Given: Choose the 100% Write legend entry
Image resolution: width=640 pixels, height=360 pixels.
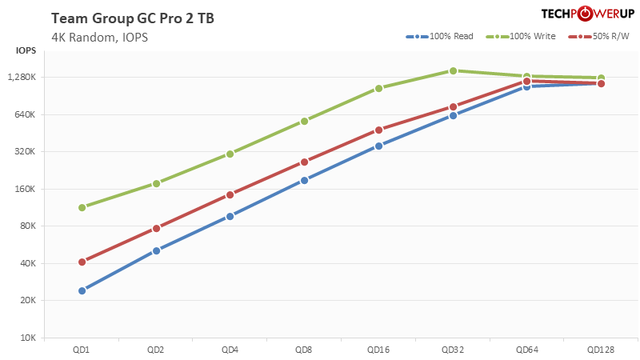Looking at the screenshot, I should [x=527, y=37].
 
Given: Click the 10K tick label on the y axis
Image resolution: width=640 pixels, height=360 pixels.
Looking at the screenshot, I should [x=28, y=338].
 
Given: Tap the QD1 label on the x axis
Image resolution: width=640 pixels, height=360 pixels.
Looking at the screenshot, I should [x=82, y=350].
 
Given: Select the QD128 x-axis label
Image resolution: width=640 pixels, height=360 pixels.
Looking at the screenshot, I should [x=601, y=350].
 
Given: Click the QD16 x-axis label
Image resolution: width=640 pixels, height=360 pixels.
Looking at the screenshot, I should [x=378, y=350].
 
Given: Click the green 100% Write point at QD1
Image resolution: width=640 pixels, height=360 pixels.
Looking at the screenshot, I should [x=82, y=207].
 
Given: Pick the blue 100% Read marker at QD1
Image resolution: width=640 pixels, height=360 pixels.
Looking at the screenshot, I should [x=82, y=290].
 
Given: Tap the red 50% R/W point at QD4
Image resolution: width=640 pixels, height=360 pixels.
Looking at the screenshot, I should [x=230, y=194].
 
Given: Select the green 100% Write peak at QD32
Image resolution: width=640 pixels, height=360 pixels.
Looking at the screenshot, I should [x=453, y=70].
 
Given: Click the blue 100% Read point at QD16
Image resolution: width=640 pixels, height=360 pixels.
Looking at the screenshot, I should [x=378, y=146].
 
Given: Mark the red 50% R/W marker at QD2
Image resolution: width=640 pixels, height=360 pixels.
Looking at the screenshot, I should [x=156, y=228].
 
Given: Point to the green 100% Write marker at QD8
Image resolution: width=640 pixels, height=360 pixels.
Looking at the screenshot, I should [x=304, y=121].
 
